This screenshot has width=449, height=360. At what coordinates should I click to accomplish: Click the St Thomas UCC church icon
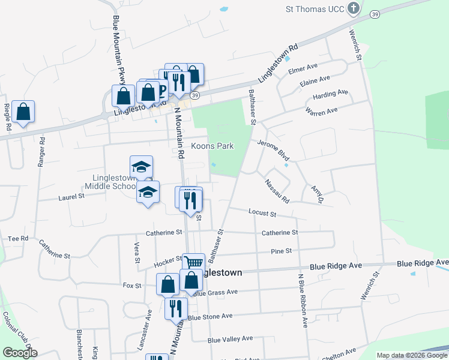click(354, 8)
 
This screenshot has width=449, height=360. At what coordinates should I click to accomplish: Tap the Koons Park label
click(212, 146)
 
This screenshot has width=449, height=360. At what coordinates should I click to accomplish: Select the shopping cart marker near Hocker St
click(193, 262)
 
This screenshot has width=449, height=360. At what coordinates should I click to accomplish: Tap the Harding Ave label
click(330, 95)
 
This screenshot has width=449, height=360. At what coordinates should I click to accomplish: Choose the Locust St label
click(262, 213)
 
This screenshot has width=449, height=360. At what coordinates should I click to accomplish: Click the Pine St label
click(281, 251)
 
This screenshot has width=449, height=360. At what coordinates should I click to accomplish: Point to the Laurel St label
click(71, 196)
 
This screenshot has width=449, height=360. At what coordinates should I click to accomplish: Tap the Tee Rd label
click(18, 238)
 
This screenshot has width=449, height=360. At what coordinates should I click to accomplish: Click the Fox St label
click(131, 286)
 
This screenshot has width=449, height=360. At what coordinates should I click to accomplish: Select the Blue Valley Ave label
click(231, 340)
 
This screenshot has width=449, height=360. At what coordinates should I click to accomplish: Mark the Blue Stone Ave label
click(209, 316)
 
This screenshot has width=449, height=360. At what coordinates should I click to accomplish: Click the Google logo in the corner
click(20, 353)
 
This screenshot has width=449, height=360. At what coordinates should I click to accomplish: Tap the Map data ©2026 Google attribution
click(412, 355)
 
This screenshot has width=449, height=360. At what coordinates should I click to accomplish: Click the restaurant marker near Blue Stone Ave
click(175, 308)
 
